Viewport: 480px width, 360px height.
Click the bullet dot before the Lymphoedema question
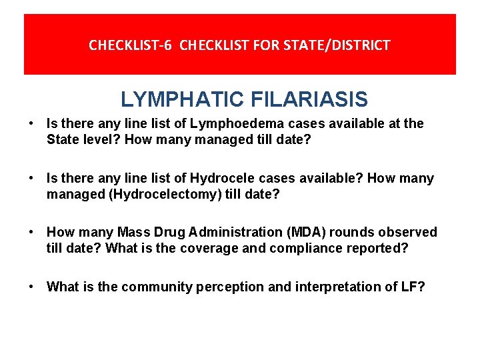click(x=31, y=124)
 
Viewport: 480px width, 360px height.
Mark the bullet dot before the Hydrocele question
click(x=31, y=179)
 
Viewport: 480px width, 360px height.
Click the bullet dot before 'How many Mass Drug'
click(x=31, y=233)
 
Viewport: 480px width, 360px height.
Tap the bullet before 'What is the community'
click(x=31, y=287)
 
